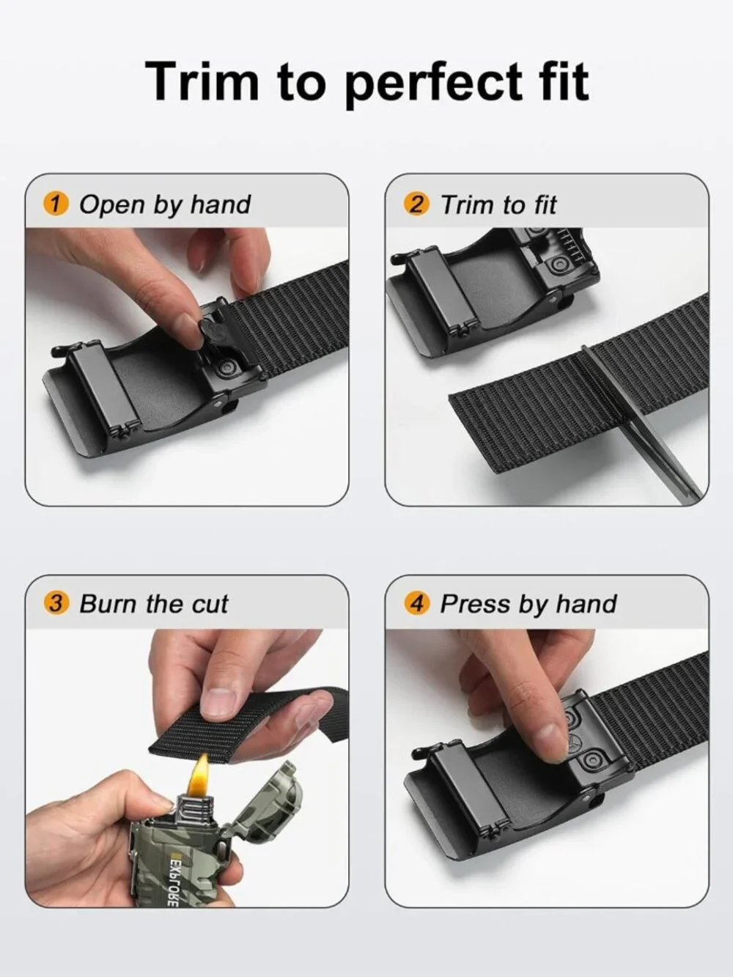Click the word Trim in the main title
[202, 81]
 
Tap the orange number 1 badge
[56, 204]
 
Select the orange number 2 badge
[416, 204]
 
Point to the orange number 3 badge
[56, 604]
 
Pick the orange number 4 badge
[416, 604]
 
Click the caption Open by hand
[165, 205]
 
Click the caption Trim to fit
[498, 204]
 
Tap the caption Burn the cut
[153, 604]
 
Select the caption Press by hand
[528, 605]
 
